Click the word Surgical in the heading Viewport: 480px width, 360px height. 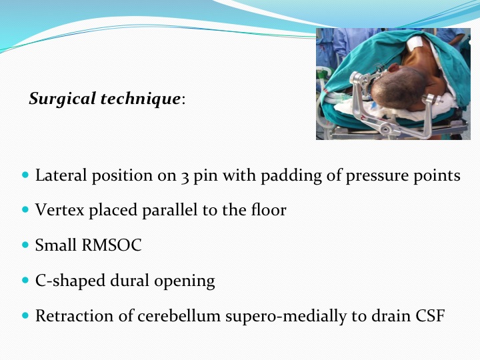click(x=63, y=99)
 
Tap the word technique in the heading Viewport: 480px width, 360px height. click(x=141, y=99)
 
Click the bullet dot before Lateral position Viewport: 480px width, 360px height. click(x=25, y=175)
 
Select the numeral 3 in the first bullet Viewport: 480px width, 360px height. click(x=185, y=177)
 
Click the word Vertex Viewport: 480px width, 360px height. click(x=60, y=210)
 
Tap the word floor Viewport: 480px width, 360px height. click(x=269, y=210)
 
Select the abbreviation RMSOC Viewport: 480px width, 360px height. click(x=111, y=245)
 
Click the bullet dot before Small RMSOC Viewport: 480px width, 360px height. click(x=25, y=245)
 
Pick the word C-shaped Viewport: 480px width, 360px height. click(x=71, y=281)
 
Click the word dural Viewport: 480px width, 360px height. click(x=130, y=280)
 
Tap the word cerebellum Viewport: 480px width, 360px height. click(x=179, y=315)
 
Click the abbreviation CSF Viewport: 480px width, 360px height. click(x=430, y=315)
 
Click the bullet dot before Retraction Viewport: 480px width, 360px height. click(x=25, y=315)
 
